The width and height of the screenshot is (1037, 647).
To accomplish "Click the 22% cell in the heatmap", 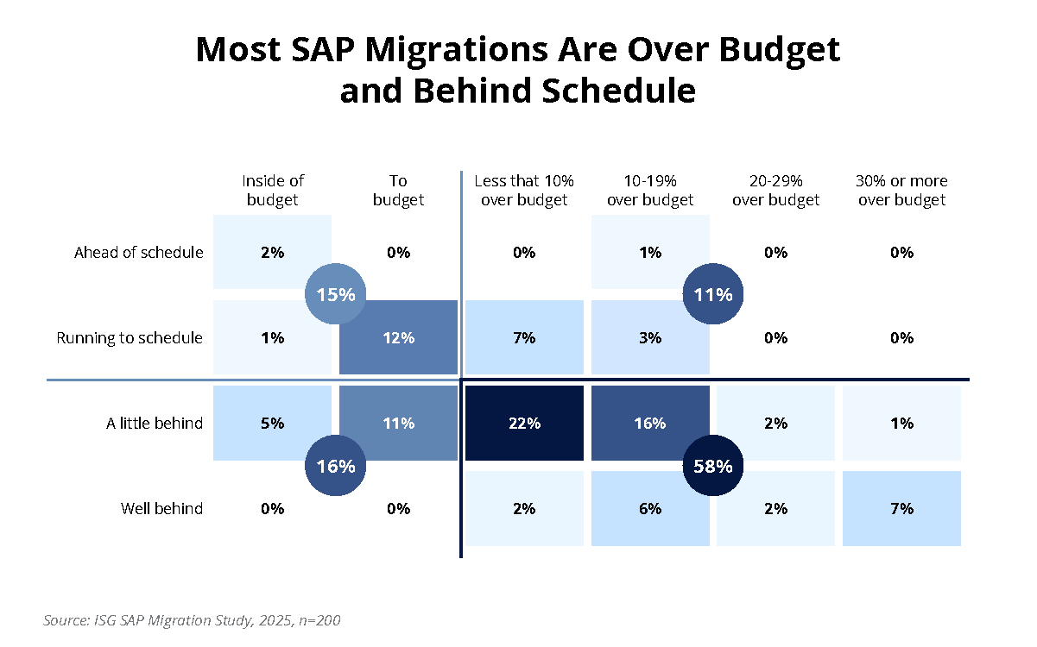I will click(x=524, y=424).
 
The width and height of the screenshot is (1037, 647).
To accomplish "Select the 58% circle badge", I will click(x=713, y=467).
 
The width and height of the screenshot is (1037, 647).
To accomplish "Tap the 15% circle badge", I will click(x=336, y=294).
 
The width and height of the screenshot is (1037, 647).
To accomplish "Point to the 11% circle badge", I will click(x=713, y=294).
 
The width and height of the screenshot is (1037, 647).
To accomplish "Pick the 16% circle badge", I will click(x=336, y=467).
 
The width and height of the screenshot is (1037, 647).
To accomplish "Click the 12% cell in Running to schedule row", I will click(x=398, y=338).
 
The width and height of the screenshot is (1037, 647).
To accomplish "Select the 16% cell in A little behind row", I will click(x=650, y=424).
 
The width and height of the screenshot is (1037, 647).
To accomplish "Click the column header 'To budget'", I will click(x=398, y=191).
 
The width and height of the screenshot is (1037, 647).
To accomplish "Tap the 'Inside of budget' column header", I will click(x=273, y=191).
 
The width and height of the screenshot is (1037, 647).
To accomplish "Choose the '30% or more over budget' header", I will click(x=901, y=191).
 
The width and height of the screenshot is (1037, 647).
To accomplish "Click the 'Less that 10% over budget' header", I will click(x=524, y=191).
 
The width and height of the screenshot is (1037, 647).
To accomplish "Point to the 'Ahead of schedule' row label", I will click(x=139, y=253).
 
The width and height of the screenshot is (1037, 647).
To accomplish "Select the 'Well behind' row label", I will click(x=161, y=509).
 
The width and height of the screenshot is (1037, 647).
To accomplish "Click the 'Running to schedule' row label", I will click(x=130, y=338).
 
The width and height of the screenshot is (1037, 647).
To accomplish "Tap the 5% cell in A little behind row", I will click(x=273, y=424).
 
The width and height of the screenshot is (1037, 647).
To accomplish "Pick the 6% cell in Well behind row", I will click(x=650, y=509).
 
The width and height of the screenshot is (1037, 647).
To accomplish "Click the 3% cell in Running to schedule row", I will click(x=650, y=338).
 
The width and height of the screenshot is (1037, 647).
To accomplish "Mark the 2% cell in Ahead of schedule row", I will click(x=273, y=253).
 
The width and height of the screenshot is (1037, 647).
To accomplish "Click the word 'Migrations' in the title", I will click(x=448, y=51).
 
